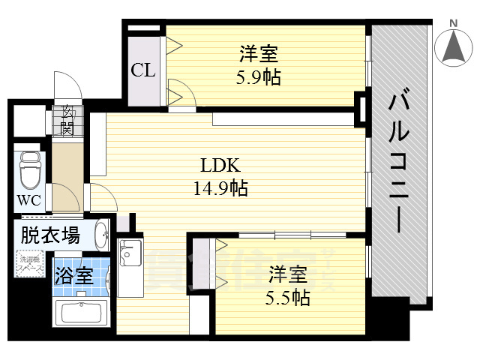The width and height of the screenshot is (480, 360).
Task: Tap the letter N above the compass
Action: pos(453,23)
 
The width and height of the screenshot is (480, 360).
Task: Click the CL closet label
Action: pos(143,70)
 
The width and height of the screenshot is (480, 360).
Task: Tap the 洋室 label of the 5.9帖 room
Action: pos(259,54)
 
